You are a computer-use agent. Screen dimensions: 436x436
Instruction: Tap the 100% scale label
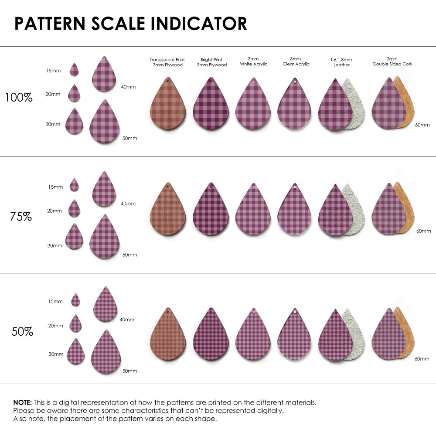(x=19, y=98)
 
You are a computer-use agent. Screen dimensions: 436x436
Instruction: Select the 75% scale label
(x=21, y=216)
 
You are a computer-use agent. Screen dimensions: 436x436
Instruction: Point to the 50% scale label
(x=22, y=332)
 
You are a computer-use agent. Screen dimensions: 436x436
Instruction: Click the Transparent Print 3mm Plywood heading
(x=167, y=62)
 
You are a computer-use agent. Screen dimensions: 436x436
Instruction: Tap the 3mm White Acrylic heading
(x=253, y=61)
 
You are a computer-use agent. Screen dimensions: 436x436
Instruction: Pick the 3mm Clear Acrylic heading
(x=296, y=61)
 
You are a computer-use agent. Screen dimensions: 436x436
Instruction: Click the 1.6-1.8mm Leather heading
(x=341, y=62)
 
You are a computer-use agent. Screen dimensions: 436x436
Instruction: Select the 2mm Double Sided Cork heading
(x=392, y=61)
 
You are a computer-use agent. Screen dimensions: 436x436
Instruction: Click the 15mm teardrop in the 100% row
(x=74, y=70)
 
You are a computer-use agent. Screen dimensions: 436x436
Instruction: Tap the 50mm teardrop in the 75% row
(x=104, y=238)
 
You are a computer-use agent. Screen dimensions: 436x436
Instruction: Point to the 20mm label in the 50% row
(x=55, y=326)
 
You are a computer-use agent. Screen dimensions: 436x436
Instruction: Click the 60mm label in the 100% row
(x=422, y=125)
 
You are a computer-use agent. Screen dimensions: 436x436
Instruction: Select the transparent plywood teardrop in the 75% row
(x=168, y=211)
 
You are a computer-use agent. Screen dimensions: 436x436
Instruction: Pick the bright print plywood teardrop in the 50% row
(x=211, y=336)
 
